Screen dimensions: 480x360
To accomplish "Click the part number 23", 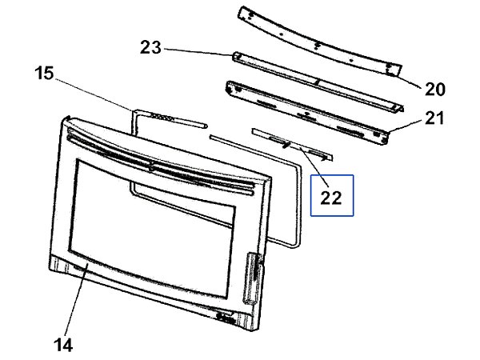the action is tap(150, 48).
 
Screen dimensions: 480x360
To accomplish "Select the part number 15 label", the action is tap(44, 74).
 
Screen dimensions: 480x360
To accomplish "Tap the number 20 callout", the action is tap(434, 90).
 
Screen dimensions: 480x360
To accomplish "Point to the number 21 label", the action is tap(434, 118).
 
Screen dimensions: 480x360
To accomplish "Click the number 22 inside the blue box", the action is tap(331, 198).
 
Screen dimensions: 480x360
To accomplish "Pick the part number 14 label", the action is tap(63, 345).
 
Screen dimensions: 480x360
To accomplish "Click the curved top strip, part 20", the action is tap(319, 41).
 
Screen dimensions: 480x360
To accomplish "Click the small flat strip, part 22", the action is tap(292, 145).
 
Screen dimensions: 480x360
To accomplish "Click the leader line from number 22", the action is tap(314, 166).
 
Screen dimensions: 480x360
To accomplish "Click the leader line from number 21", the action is tap(406, 126).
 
